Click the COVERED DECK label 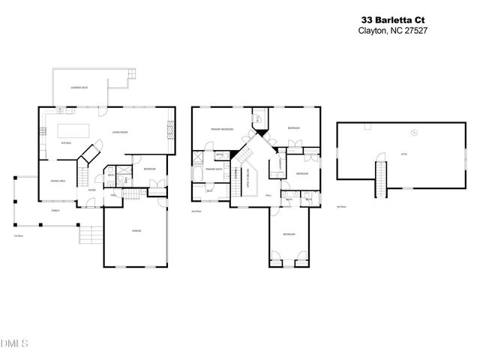click(79, 88)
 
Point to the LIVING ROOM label click(121, 132)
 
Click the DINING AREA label click(57, 181)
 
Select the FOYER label click(91, 190)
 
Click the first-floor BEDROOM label click(149, 169)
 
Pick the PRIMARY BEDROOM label click(220, 130)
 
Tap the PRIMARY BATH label click(216, 169)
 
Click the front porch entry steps click(88, 236)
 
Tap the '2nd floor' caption click(196, 211)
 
